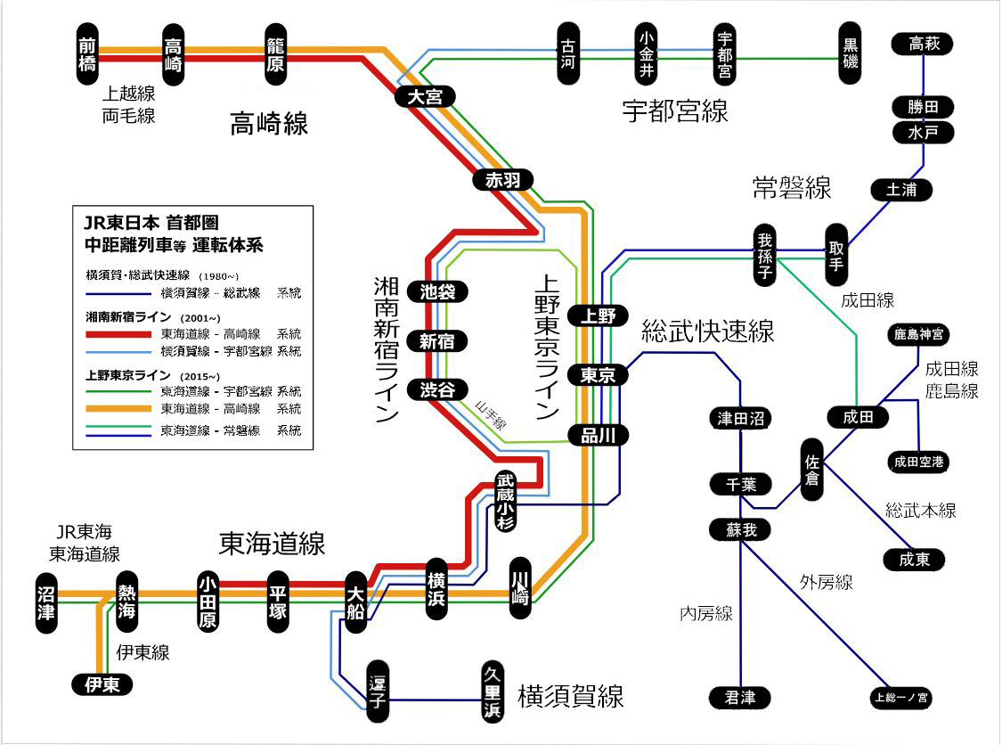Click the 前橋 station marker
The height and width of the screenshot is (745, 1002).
(x=87, y=54)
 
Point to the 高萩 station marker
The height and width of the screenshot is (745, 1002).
(x=925, y=44)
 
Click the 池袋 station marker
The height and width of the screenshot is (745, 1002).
(x=436, y=292)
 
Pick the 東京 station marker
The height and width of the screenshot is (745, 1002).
(x=598, y=375)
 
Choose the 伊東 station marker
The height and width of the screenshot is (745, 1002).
(x=102, y=684)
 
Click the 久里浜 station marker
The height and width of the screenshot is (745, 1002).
(x=491, y=692)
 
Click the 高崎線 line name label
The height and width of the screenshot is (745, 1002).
(x=269, y=123)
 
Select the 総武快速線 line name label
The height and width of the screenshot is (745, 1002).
(x=708, y=332)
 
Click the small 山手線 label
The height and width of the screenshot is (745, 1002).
(x=490, y=413)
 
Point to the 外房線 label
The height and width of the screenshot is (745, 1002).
(x=826, y=583)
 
